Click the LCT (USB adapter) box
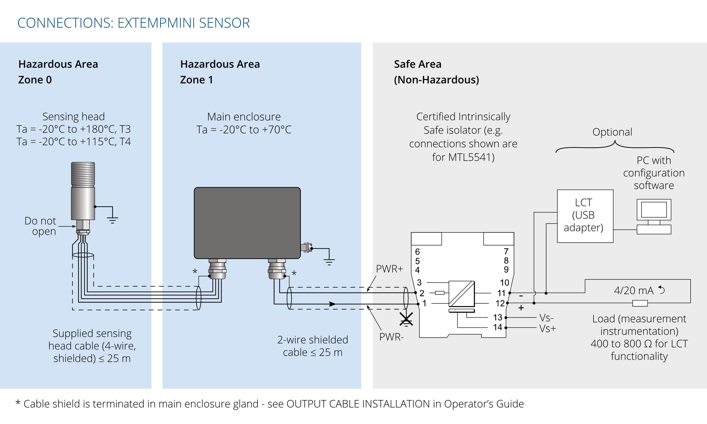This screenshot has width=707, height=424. pyautogui.click(x=585, y=216)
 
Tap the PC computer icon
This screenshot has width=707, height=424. pyautogui.click(x=654, y=216)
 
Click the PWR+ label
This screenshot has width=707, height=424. pyautogui.click(x=389, y=269)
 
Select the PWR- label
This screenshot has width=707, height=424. pyautogui.click(x=391, y=337)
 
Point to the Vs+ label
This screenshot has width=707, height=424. pyautogui.click(x=548, y=328)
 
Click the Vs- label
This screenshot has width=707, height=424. pyautogui.click(x=547, y=318)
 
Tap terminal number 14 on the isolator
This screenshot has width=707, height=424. pyautogui.click(x=498, y=327)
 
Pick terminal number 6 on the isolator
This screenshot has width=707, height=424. pyautogui.click(x=417, y=252)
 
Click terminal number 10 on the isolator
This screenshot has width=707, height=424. pyautogui.click(x=504, y=283)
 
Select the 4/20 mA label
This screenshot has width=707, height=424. pyautogui.click(x=634, y=291)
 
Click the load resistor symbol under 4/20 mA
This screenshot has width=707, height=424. pyautogui.click(x=640, y=303)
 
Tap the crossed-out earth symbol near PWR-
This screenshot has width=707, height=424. pyautogui.click(x=406, y=319)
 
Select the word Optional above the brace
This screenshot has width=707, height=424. pyautogui.click(x=612, y=132)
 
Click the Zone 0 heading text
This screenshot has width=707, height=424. pyautogui.click(x=35, y=80)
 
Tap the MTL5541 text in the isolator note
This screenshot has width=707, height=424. pyautogui.click(x=471, y=157)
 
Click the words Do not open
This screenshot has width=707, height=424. pyautogui.click(x=40, y=226)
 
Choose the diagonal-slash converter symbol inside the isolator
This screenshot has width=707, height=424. pyautogui.click(x=462, y=294)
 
